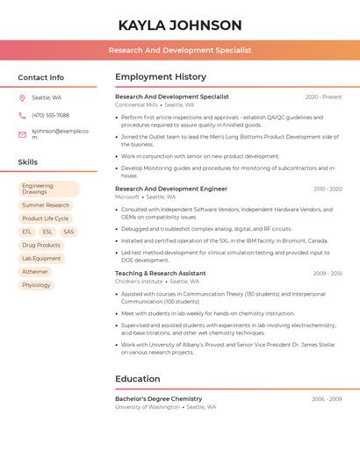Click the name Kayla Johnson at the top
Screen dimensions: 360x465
tap(180, 25)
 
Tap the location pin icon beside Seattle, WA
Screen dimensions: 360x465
tap(22, 97)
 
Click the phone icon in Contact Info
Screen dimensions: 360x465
tap(22, 115)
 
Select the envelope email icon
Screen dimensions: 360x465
tap(22, 134)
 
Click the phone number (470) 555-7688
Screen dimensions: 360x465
tap(50, 115)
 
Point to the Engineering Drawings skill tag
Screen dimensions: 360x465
tap(48, 189)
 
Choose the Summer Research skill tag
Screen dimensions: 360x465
tap(46, 205)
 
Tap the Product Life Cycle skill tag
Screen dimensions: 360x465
tap(46, 218)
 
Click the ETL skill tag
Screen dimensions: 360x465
tap(27, 232)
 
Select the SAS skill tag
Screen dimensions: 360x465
tap(68, 232)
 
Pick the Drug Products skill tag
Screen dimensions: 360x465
tap(41, 245)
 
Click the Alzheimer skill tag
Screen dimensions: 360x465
tap(35, 272)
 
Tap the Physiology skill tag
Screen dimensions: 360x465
tap(36, 285)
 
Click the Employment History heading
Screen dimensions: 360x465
tap(161, 77)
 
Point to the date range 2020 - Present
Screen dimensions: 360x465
tap(323, 97)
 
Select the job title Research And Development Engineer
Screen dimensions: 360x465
tap(171, 189)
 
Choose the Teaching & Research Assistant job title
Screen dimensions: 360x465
tap(161, 273)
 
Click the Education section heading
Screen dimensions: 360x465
tap(138, 379)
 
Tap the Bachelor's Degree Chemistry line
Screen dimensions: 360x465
tap(159, 398)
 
